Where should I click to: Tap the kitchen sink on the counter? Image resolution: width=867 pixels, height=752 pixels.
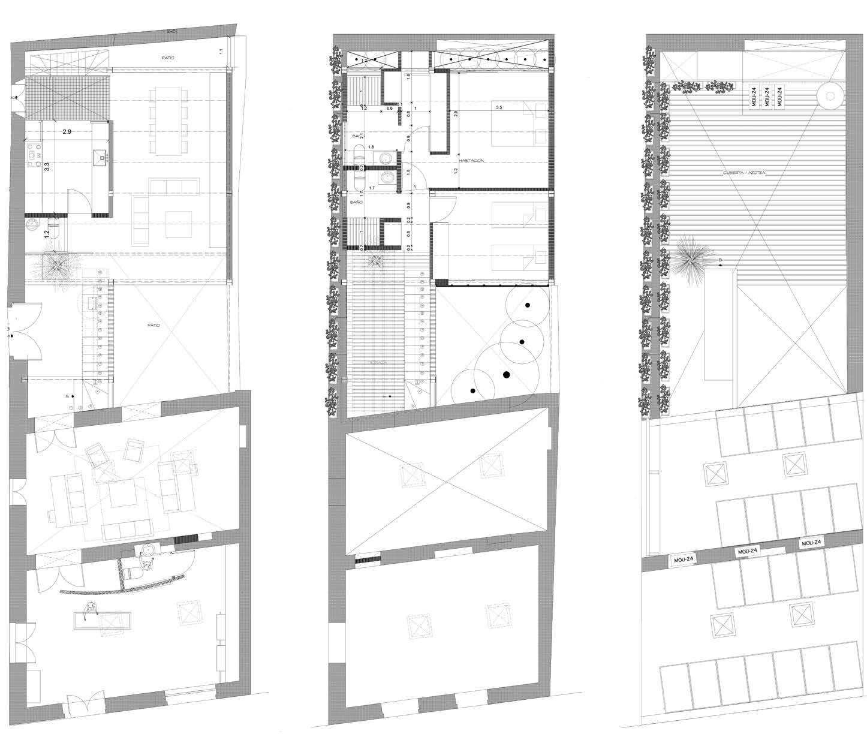pyautogui.click(x=103, y=158)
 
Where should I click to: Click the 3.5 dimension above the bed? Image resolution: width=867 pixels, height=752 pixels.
pyautogui.click(x=499, y=108)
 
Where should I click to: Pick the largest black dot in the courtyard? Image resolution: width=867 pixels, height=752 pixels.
pyautogui.click(x=506, y=375)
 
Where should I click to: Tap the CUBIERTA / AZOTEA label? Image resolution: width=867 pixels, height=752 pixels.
pyautogui.click(x=745, y=173)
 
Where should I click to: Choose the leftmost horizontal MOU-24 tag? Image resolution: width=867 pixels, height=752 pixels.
pyautogui.click(x=684, y=560)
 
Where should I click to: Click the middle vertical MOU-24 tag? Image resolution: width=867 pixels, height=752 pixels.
pyautogui.click(x=766, y=97)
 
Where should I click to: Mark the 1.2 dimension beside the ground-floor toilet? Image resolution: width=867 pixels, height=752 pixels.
pyautogui.click(x=47, y=233)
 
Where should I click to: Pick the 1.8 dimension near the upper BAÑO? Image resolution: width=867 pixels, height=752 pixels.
pyautogui.click(x=371, y=147)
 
